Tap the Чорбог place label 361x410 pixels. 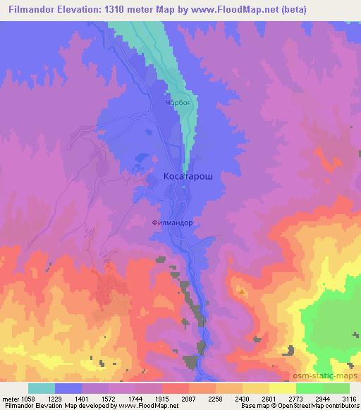[x=177, y=100]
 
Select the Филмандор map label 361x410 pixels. [x=172, y=223]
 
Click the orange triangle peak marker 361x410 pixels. [x=241, y=290]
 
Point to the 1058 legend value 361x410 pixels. [x=42, y=399]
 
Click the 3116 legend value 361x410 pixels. [x=349, y=399]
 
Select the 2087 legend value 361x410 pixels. [x=188, y=399]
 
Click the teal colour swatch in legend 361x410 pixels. [x=42, y=388]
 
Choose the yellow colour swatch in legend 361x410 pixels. [x=282, y=388]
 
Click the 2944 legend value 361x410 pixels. [x=322, y=399]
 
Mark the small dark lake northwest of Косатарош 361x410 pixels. [x=142, y=160]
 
